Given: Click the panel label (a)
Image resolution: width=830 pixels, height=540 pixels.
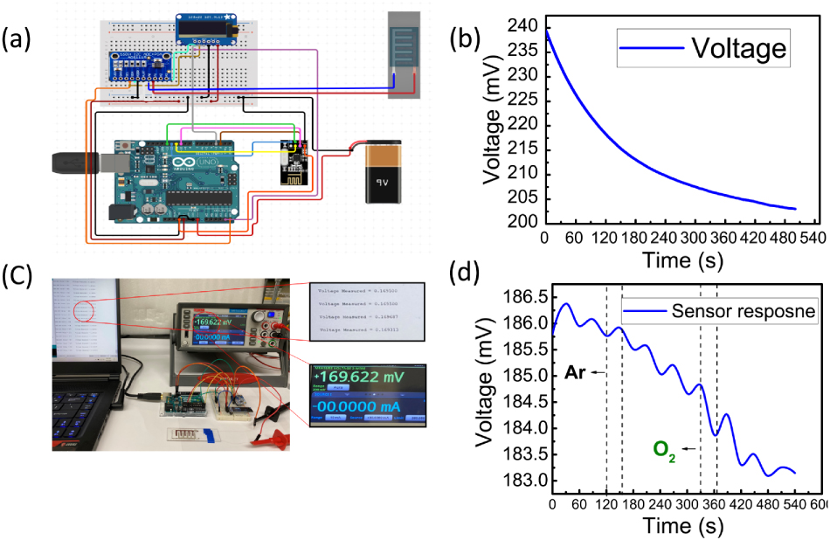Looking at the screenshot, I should [19, 38].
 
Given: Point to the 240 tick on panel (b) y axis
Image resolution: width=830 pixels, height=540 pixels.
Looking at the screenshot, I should [522, 26].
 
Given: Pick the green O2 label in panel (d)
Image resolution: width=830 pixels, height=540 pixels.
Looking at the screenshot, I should [665, 450].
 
